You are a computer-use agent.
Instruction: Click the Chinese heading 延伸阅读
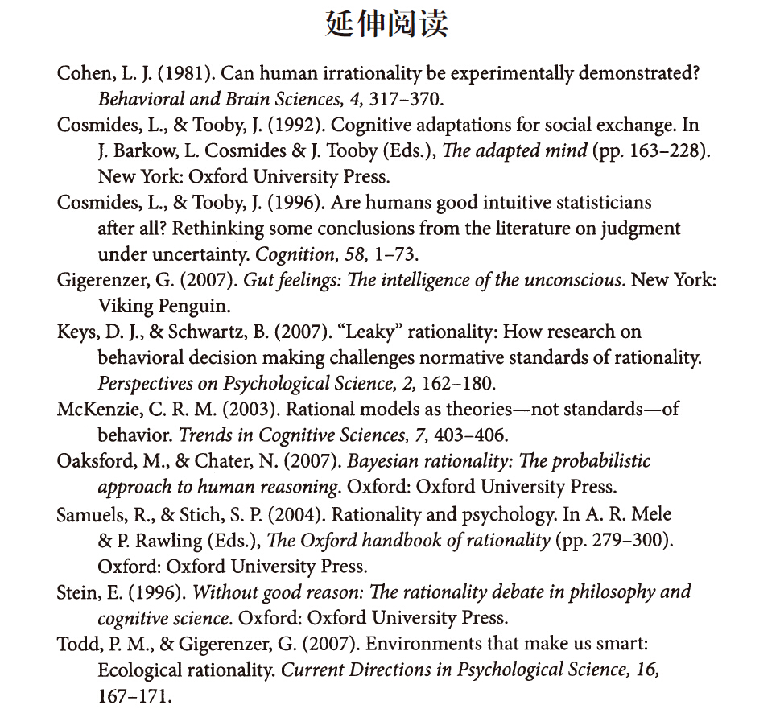387,25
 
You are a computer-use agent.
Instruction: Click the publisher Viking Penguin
164,306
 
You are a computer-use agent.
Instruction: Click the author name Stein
79,592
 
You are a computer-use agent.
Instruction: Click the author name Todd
78,645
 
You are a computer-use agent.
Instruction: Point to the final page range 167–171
134,696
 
